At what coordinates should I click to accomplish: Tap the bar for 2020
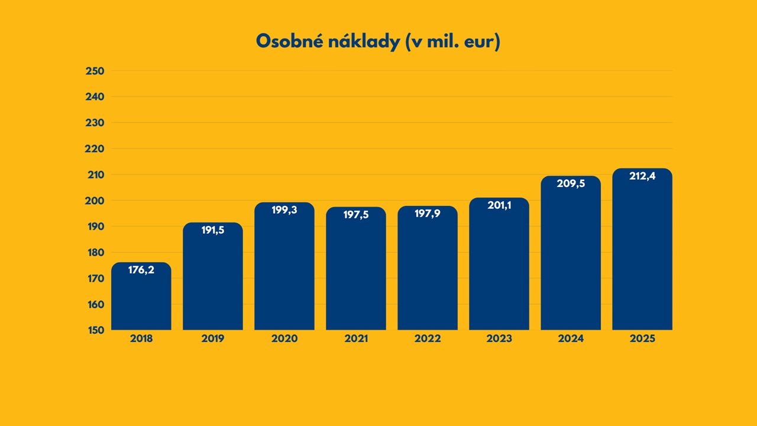[284, 272]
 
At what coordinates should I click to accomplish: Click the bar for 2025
[642, 254]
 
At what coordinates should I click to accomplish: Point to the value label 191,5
[213, 231]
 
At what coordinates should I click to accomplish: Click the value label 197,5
[356, 215]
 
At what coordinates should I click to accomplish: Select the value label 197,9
[428, 214]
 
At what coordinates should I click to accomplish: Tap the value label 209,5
[571, 184]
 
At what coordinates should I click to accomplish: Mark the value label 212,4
[642, 176]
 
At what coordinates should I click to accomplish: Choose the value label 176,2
[141, 270]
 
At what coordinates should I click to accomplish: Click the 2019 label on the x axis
[213, 339]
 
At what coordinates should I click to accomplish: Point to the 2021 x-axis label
[356, 339]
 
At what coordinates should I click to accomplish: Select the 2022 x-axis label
[428, 339]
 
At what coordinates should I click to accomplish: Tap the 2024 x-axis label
[571, 339]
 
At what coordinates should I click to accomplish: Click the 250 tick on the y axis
[95, 71]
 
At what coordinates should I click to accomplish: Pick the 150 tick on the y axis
[95, 330]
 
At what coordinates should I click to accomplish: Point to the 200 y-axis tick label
[95, 201]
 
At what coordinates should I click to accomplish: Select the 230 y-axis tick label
[95, 122]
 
